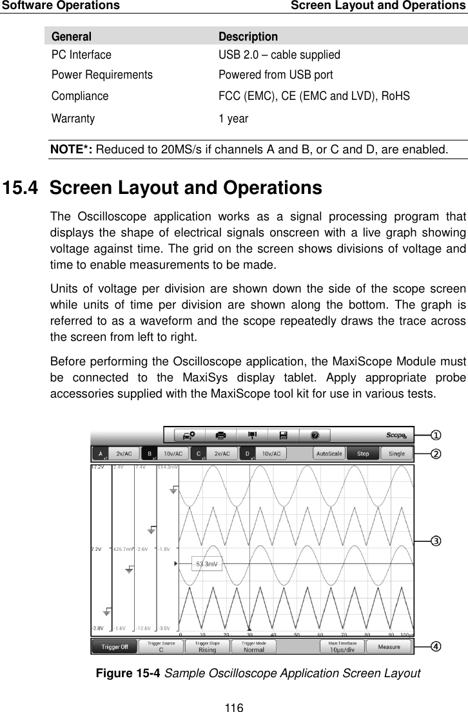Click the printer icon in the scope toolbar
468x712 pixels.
coord(220,435)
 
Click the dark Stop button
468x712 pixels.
coord(363,454)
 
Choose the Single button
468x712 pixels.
coord(396,454)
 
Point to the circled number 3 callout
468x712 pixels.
coord(436,541)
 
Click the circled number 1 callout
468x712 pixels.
coord(436,434)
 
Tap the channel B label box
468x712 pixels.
coord(150,454)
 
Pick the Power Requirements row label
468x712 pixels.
coord(102,75)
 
